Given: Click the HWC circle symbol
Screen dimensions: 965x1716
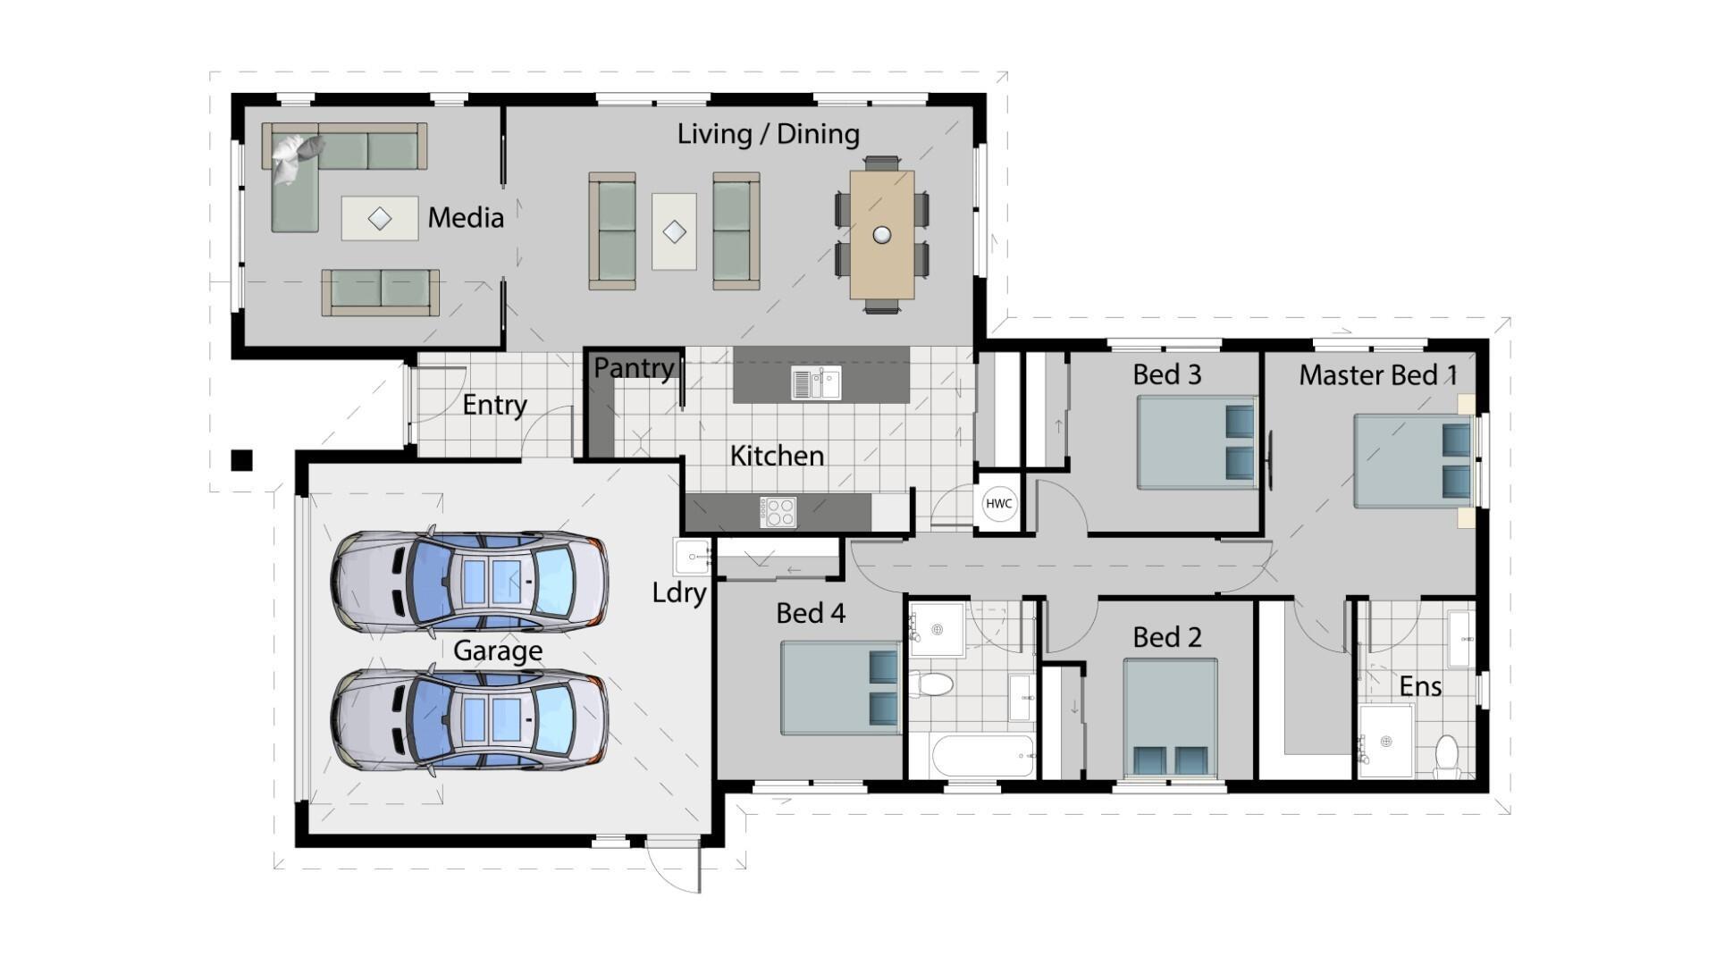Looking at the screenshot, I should [998, 503].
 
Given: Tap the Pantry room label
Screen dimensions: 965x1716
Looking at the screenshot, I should [634, 367].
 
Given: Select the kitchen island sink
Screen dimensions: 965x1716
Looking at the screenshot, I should [816, 382].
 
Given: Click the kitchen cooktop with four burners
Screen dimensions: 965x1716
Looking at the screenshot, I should [778, 512].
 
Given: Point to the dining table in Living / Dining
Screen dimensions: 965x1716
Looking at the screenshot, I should [882, 234].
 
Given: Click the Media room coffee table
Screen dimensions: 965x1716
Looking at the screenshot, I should [380, 219].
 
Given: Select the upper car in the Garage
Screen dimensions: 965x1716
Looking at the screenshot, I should [470, 581].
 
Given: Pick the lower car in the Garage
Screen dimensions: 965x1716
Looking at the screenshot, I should [470, 719].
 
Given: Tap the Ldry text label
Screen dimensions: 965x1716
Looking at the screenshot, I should [679, 592].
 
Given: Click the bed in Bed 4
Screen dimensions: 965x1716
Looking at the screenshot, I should [840, 687].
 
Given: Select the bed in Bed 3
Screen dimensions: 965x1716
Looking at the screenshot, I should [1196, 442].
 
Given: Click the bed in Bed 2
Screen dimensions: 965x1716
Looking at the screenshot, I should [1170, 717].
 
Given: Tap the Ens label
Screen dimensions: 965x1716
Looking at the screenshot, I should [1419, 686].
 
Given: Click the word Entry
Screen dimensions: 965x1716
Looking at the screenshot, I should [494, 405].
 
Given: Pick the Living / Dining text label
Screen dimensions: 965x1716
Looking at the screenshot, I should [768, 134].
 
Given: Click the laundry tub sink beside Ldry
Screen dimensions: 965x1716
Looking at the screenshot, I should [692, 557].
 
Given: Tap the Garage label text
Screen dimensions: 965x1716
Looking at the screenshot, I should [497, 650].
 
